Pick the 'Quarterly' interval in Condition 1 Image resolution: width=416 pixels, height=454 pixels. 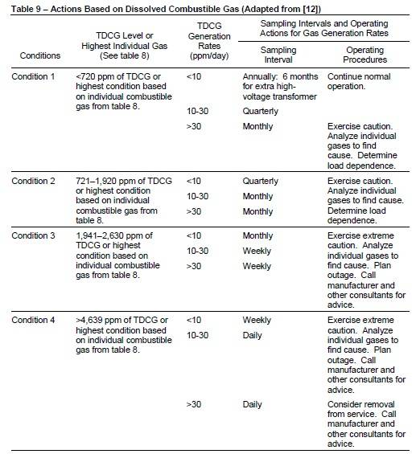point(261,112)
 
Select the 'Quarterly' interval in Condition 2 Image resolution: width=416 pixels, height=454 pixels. point(261,181)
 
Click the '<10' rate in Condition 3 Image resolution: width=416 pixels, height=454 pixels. point(194,235)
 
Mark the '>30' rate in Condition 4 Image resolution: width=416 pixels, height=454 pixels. point(194,404)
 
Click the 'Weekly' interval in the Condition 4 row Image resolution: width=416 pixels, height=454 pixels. point(257,320)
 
